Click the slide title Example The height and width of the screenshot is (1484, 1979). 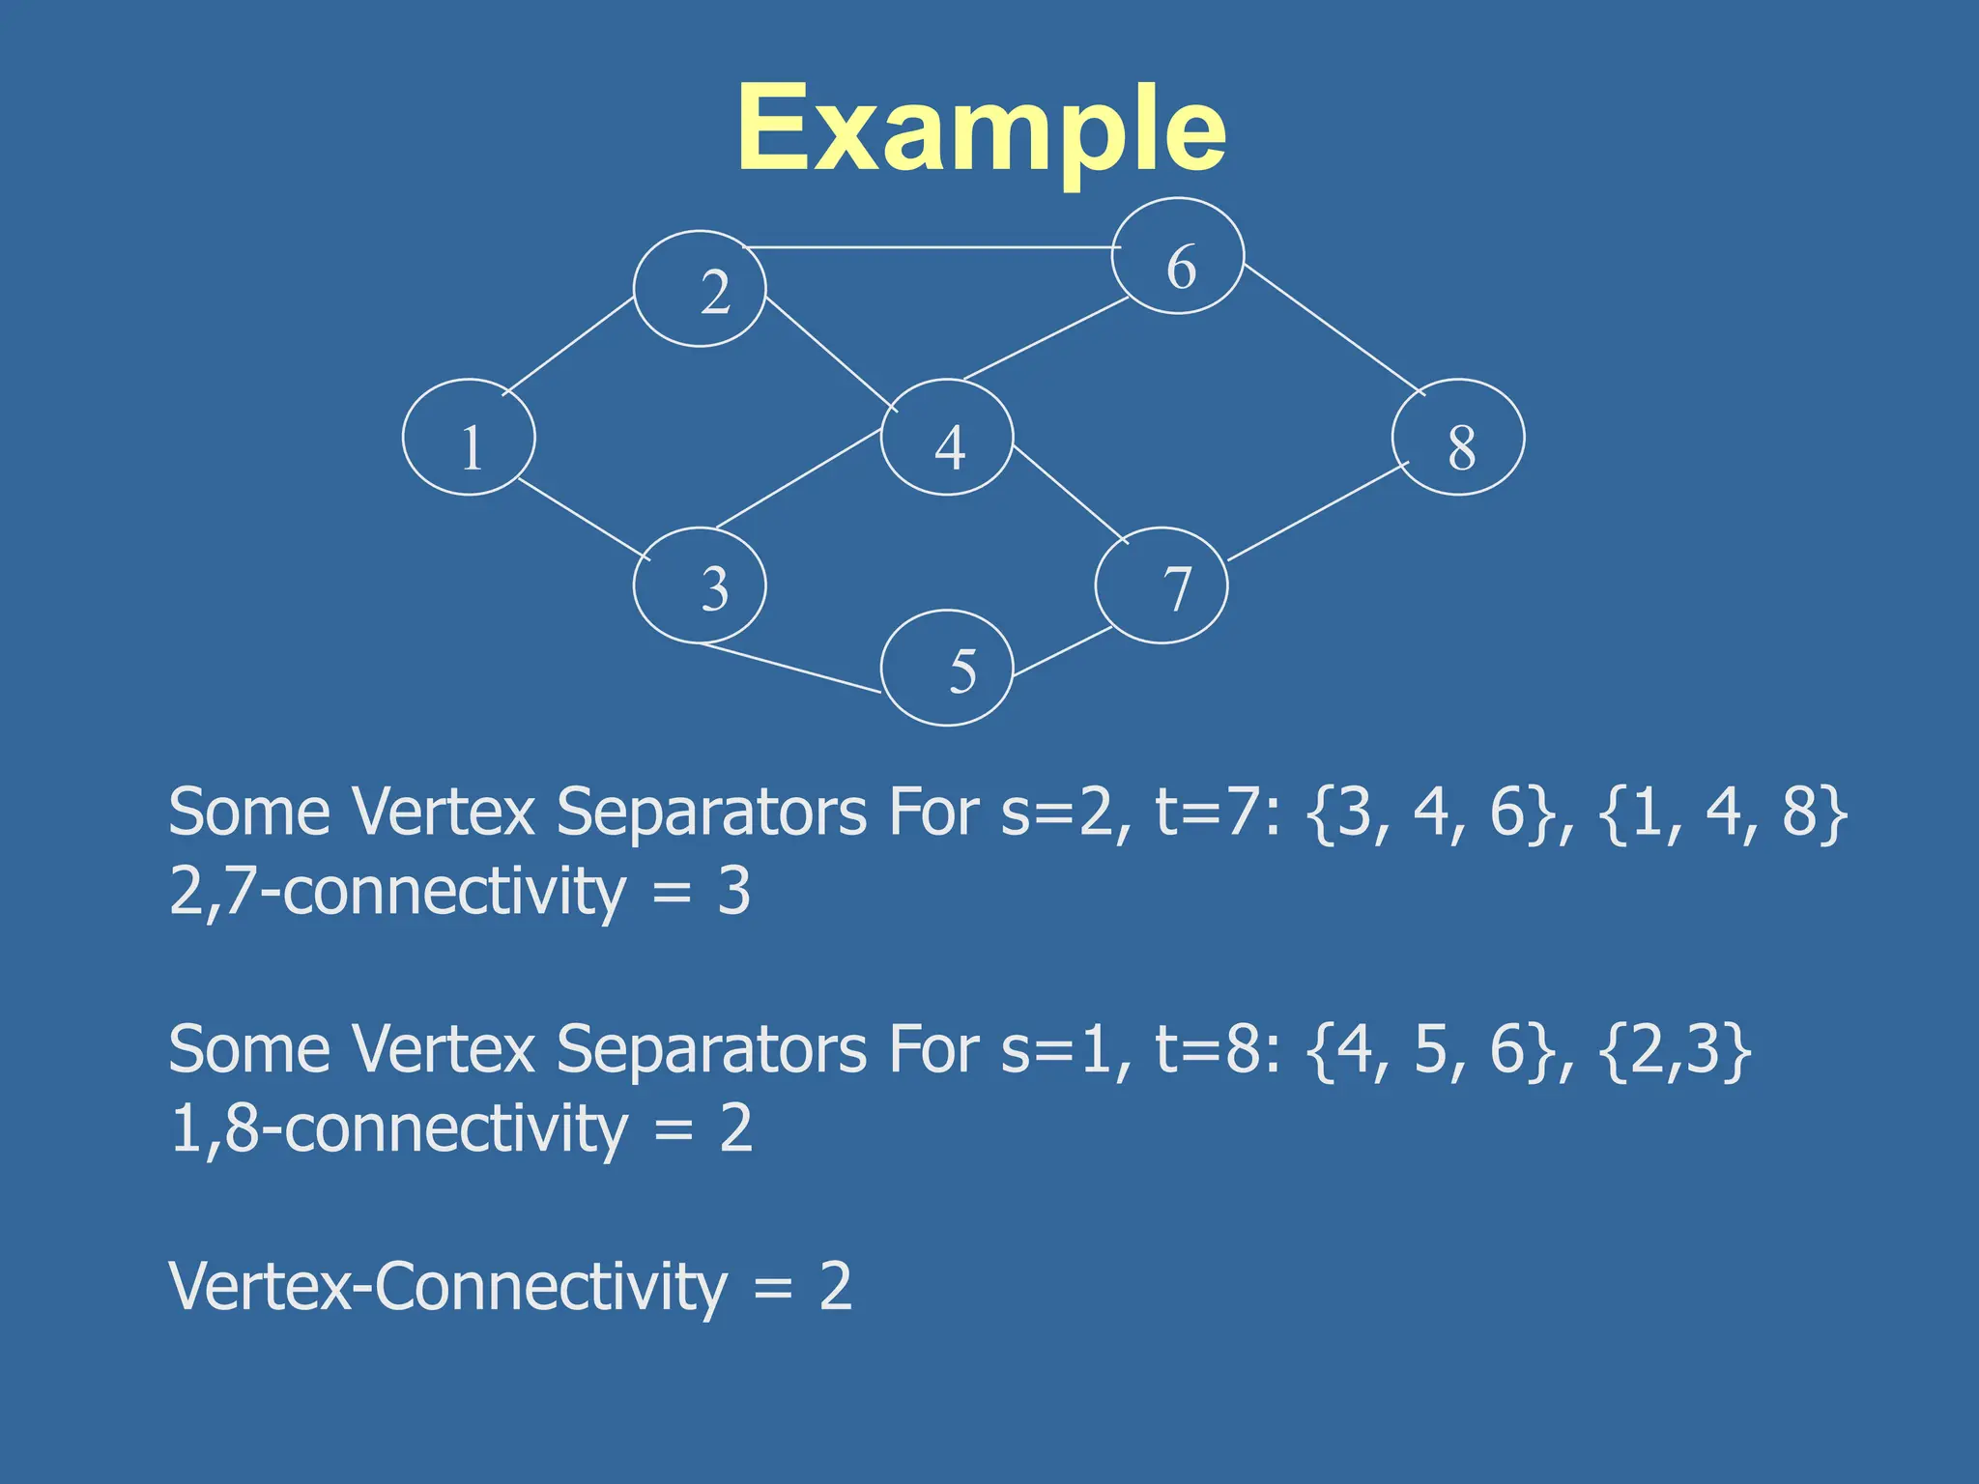[981, 129]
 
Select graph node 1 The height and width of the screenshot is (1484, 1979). [469, 438]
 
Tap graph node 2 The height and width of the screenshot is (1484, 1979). [700, 289]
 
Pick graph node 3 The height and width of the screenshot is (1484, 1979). [700, 585]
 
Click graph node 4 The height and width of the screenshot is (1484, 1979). [947, 438]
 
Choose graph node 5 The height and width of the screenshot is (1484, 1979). [947, 668]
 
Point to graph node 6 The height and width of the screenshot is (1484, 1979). [1178, 256]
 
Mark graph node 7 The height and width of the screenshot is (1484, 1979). [1162, 585]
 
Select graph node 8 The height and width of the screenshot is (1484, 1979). [1458, 438]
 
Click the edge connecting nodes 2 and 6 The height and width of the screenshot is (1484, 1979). [932, 247]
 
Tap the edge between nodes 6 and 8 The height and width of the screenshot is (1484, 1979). [1334, 328]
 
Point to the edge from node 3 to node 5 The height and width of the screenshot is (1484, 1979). [790, 668]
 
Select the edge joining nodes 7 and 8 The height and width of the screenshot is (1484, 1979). [1318, 511]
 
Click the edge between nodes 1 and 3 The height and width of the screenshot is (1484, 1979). [584, 519]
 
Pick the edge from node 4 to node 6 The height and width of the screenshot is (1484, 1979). [1046, 338]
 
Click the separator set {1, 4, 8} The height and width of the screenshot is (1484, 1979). [1723, 812]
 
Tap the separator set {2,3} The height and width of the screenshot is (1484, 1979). [1675, 1049]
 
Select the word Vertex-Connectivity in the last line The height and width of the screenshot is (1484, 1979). [447, 1287]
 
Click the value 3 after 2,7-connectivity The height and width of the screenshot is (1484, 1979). [733, 891]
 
